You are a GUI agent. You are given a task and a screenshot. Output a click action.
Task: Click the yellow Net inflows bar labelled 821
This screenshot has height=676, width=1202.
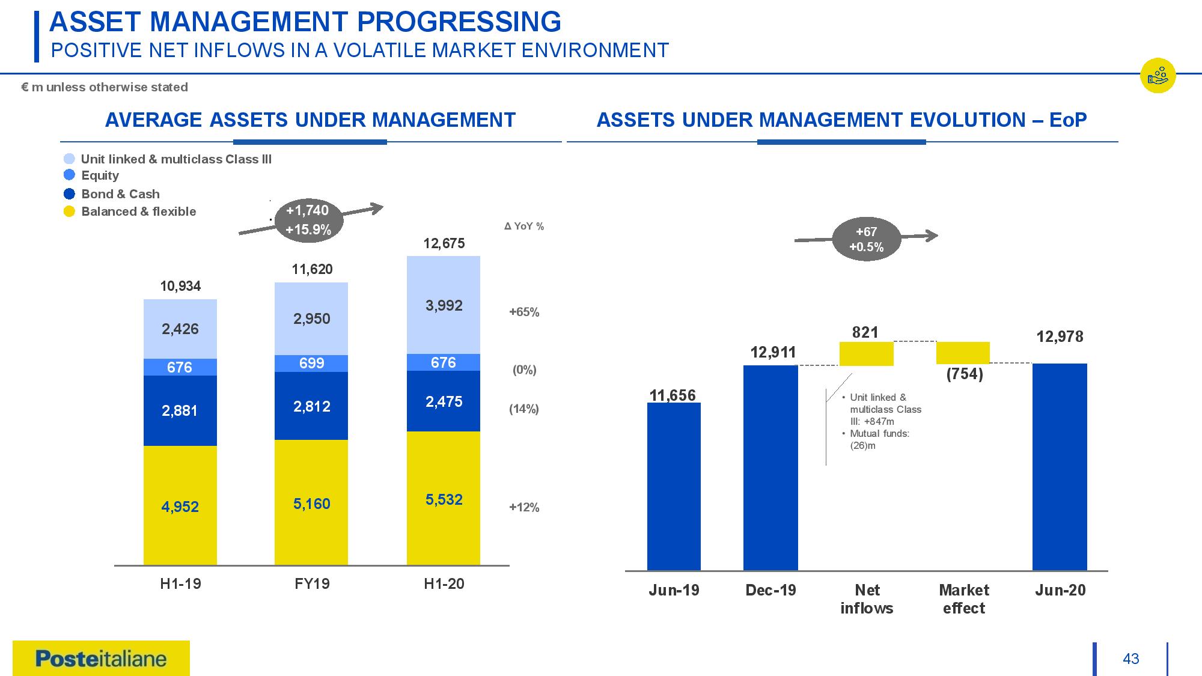(x=866, y=353)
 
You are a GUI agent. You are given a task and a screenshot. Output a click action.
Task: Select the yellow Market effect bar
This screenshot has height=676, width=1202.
(x=963, y=353)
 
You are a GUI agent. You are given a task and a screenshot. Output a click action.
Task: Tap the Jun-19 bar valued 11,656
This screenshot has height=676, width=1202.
(x=674, y=486)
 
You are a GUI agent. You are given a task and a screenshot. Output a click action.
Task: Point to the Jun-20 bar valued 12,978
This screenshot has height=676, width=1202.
(x=1060, y=467)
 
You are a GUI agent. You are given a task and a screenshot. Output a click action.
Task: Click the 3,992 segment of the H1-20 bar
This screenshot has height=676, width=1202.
(x=444, y=305)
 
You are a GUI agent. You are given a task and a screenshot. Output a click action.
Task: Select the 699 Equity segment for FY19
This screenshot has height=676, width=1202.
(x=311, y=363)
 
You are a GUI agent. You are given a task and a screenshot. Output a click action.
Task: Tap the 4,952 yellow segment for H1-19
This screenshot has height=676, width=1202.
(x=180, y=506)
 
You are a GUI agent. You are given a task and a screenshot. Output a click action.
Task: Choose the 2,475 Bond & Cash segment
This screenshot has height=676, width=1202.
(x=444, y=401)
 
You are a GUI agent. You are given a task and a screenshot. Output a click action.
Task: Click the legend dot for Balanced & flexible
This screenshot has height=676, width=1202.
(x=69, y=212)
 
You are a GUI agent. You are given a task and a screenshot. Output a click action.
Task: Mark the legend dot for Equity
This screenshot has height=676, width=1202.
(x=69, y=175)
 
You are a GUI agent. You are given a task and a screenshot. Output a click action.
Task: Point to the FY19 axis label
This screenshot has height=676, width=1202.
(x=311, y=584)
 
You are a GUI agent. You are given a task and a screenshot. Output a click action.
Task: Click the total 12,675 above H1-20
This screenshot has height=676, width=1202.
(x=444, y=243)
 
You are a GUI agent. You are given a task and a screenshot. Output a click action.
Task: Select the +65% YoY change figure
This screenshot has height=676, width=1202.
(x=524, y=312)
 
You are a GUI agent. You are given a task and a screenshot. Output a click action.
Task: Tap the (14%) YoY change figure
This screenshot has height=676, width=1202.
(x=524, y=409)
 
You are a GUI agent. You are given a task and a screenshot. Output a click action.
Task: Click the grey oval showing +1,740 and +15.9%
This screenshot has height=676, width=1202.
(x=307, y=220)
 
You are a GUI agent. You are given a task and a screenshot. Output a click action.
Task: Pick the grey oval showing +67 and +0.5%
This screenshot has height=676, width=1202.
(x=866, y=239)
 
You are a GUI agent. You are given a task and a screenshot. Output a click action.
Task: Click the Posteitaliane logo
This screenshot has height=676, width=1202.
(x=101, y=659)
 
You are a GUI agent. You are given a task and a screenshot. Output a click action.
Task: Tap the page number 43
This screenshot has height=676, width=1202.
(x=1130, y=659)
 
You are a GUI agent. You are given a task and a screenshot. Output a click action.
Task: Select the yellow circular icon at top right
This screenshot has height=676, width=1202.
(x=1158, y=76)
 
